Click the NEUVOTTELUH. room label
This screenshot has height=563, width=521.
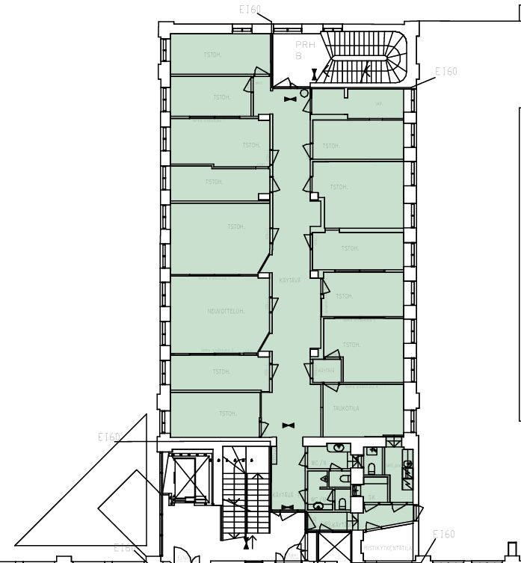click(x=226, y=310)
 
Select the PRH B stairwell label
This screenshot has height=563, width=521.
click(x=300, y=50)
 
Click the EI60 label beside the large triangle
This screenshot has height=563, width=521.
click(x=109, y=437)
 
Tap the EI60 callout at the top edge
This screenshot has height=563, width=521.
click(x=250, y=9)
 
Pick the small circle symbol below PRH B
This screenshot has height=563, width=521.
click(x=304, y=93)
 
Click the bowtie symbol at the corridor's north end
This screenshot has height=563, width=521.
click(x=289, y=98)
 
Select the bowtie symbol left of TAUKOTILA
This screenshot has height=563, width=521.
click(x=289, y=425)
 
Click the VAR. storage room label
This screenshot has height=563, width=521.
click(x=379, y=104)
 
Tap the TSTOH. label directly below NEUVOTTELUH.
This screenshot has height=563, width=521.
click(x=221, y=372)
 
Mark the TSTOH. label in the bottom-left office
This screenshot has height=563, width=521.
click(x=227, y=413)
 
